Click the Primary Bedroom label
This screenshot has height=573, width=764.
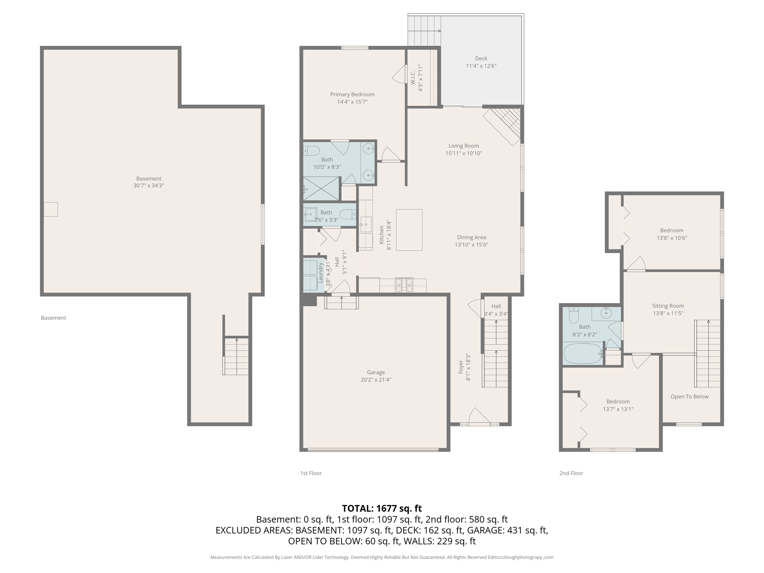pos(352,94)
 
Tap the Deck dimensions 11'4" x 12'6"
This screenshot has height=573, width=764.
pos(481,66)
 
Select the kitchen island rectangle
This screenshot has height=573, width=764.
pos(409,229)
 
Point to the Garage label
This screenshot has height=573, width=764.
pos(376,372)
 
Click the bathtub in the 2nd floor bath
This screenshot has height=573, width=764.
pos(582,353)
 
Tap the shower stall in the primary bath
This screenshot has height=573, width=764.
pos(321,189)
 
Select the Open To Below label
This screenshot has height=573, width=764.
pos(689,397)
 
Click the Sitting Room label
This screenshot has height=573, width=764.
pos(668,306)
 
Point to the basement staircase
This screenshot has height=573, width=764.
pos(236,356)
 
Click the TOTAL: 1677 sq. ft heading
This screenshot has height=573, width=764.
pos(382,508)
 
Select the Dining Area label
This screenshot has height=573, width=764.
pos(471,237)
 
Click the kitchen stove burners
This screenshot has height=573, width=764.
pos(404,285)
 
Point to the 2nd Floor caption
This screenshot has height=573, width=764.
pos(571,473)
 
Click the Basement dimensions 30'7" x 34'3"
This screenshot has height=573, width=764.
pos(148,185)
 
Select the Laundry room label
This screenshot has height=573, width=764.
pos(320,273)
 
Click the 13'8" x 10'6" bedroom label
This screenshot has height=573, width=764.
pos(671,231)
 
